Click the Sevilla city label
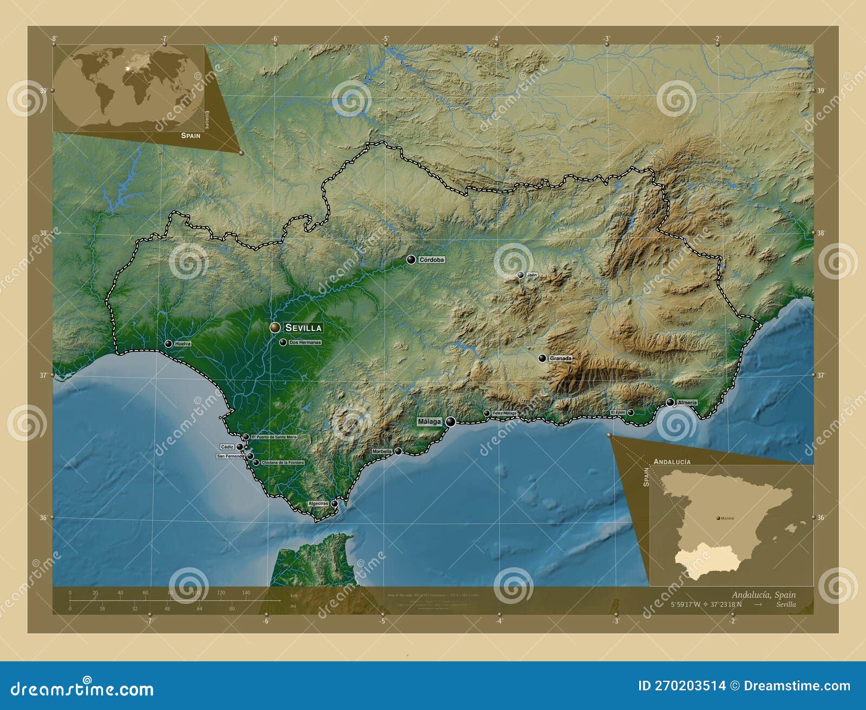pos(303,328)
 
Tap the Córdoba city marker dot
pos(411,260)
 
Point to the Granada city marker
pos(542,358)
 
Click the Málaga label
pos(429,421)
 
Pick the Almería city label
pos(687,403)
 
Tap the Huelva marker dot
pos(168,344)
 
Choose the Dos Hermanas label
pos(305,343)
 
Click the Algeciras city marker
pos(334,503)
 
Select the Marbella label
pos(382,452)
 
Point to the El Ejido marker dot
pos(631,413)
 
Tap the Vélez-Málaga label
pos(504,413)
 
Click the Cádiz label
pos(227,447)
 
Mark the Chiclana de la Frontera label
pos(283,463)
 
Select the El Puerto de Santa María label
pos(274,437)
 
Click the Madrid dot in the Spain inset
pos(718,519)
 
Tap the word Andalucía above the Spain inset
pos(672,462)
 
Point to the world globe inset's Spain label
pos(191,136)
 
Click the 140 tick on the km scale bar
pos(246,593)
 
